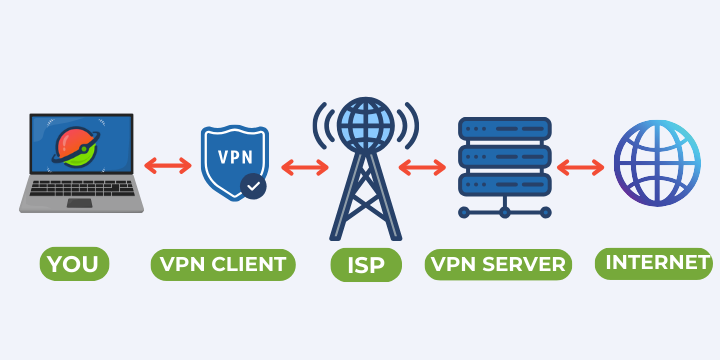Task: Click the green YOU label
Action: point(75,265)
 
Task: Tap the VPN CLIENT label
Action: point(223,265)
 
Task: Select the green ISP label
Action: point(366,265)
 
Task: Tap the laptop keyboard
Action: point(80,189)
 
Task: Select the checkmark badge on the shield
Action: point(254,185)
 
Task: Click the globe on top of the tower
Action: point(365,126)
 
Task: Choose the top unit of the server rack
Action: point(504,129)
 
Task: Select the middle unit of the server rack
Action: point(504,157)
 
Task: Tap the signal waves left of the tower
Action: point(325,126)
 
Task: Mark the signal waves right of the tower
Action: point(406,126)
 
